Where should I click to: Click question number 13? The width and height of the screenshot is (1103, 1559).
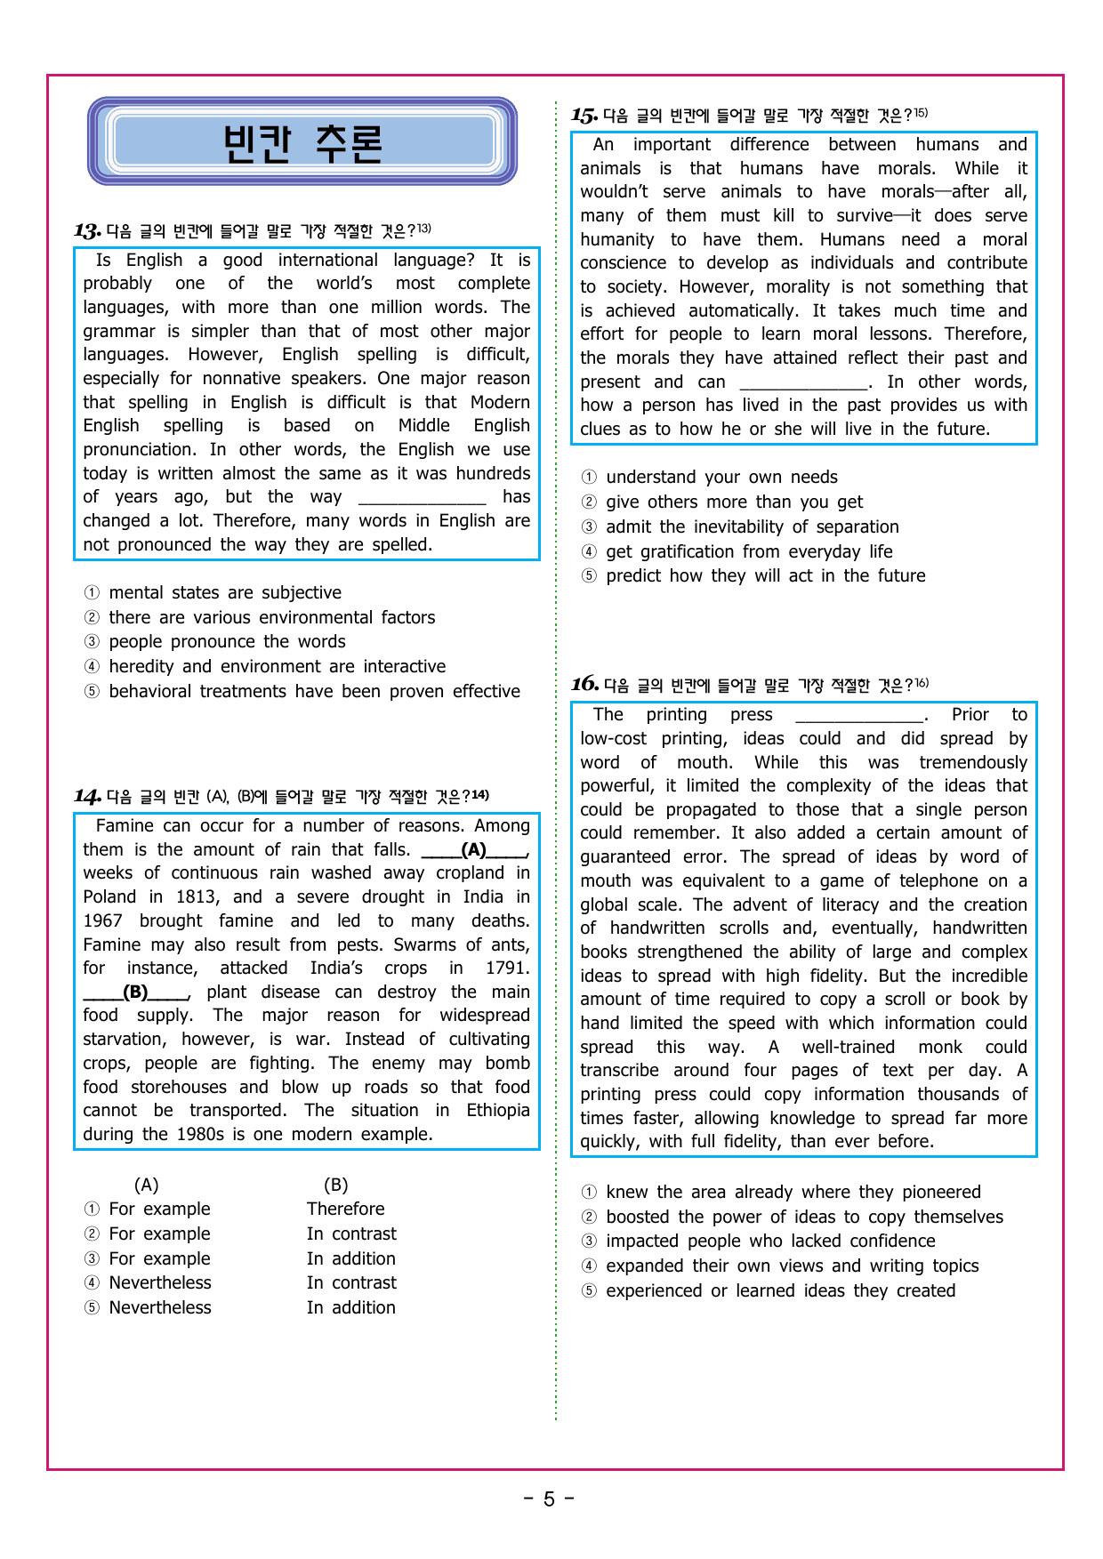coord(87,232)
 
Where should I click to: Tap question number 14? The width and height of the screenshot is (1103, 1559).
coord(87,797)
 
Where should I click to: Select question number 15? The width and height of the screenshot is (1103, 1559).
coord(584,116)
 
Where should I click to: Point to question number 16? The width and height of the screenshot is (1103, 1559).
coord(584,685)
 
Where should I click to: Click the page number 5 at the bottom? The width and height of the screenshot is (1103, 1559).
coord(549,1499)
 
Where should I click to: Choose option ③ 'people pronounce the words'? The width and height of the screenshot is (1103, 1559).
coord(227,642)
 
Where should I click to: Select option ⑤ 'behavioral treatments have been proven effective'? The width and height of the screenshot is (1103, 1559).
coord(314,692)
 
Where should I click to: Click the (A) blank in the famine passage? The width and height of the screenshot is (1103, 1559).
coord(474,850)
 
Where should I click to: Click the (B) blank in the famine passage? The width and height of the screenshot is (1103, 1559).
coord(136,992)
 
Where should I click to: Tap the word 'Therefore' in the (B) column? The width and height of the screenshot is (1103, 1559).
coord(345,1209)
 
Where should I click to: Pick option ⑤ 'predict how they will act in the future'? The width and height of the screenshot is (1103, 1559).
coord(765,576)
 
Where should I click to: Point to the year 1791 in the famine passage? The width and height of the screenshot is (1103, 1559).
coord(507,968)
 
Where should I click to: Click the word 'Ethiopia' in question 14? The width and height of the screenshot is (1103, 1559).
coord(497,1111)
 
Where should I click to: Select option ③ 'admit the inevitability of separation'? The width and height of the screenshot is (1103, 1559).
coord(752,527)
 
